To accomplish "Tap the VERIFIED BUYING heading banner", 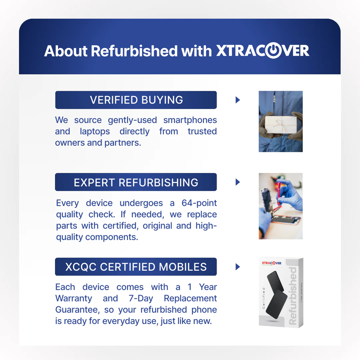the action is coord(136,100).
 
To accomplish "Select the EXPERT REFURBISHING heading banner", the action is coord(136,182).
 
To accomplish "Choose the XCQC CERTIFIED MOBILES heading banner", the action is coord(136,267).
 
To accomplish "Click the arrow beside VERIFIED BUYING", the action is coord(238,100).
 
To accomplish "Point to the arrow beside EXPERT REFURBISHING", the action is coord(238,182).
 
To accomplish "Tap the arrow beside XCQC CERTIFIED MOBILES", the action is coord(238,267).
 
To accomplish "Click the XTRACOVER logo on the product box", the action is coord(272,263).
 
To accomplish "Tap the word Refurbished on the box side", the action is coord(293,296).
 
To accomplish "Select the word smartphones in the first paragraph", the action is coord(190,120).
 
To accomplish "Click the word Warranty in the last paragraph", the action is coord(74,298).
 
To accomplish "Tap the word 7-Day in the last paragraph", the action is coord(141,298).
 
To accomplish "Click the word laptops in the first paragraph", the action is coord(95,132).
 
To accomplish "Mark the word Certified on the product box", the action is coord(264,298).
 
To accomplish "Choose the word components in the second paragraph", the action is coord(112,237).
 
